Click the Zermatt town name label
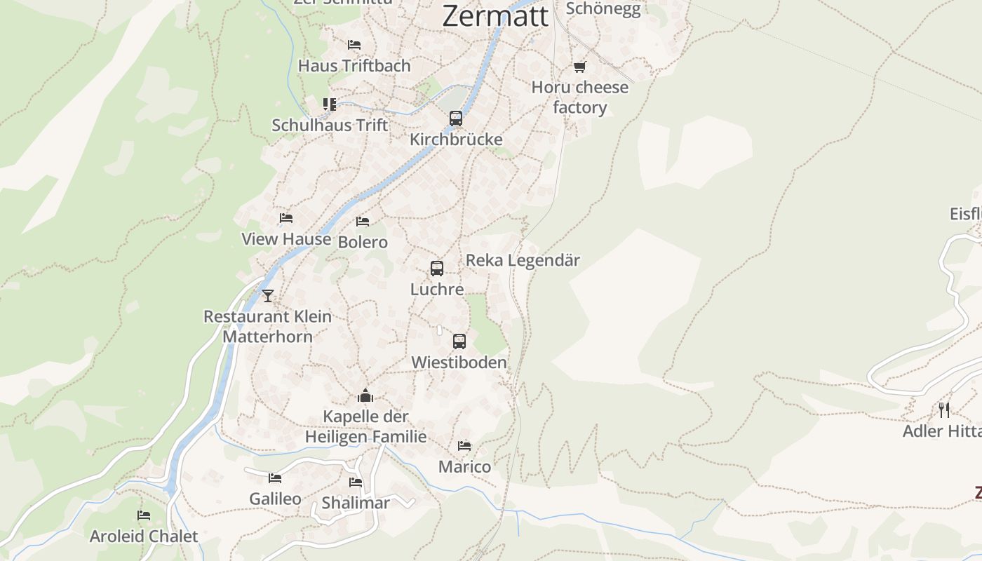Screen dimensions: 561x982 pos(495,15)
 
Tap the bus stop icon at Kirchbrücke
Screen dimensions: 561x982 pos(456,118)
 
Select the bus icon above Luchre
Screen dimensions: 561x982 pos(437,268)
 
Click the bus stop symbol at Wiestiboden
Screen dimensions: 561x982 pos(459,342)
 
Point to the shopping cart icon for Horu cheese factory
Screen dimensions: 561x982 pos(579,67)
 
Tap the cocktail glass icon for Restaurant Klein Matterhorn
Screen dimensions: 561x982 pos(267,295)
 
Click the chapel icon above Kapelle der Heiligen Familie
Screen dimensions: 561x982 pos(365,396)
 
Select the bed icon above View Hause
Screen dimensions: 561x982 pos(285,218)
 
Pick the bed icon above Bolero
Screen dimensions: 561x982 pos(363,222)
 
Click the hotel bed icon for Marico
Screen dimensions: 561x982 pos(464,445)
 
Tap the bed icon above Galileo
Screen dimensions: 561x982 pos(275,478)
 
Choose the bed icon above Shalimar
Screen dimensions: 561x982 pos(356,482)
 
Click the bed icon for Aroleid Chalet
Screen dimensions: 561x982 pos(144,515)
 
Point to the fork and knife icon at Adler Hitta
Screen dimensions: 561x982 pos(944,410)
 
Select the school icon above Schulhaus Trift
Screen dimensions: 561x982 pos(330,104)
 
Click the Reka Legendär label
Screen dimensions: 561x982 pos(523,260)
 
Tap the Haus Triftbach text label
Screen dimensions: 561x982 pos(354,66)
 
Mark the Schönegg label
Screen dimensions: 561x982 pos(603,8)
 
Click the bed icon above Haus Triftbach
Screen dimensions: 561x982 pos(354,45)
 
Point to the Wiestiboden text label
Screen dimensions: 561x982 pos(459,363)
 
